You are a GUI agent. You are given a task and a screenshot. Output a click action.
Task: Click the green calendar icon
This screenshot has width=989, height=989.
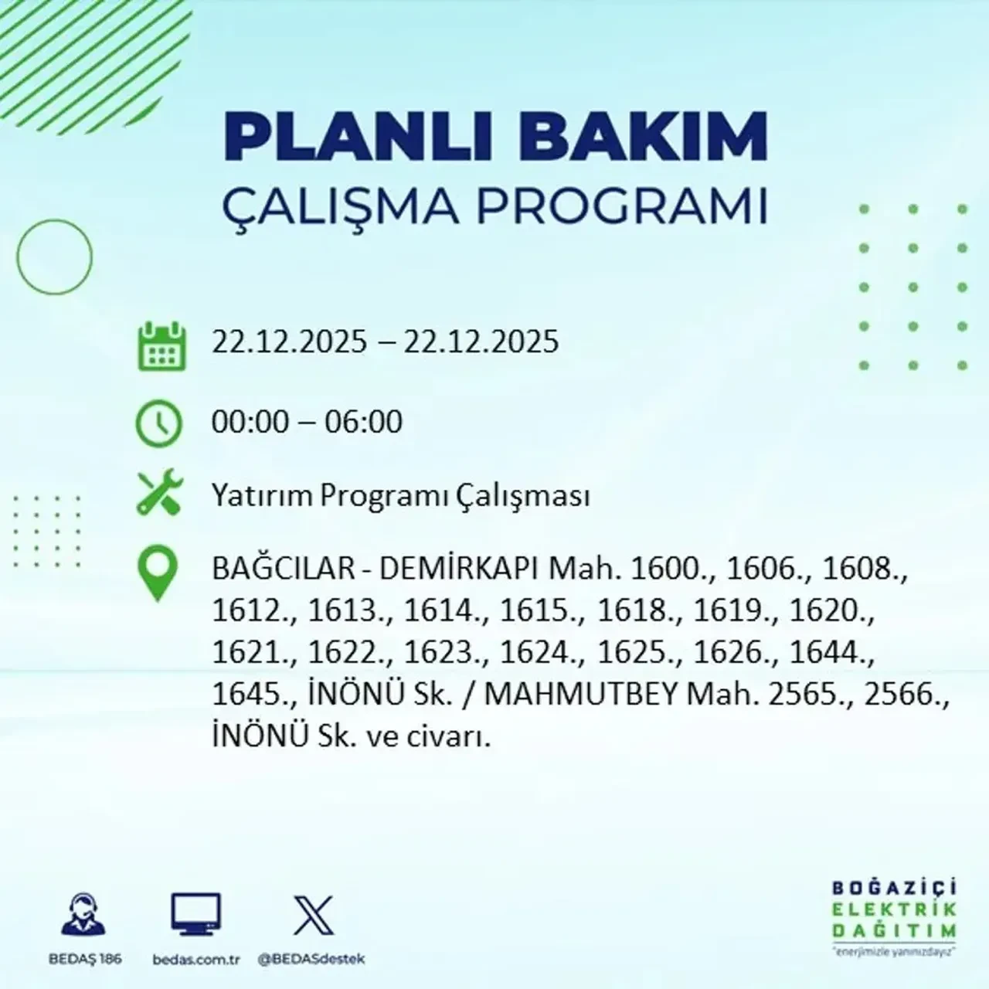(x=161, y=346)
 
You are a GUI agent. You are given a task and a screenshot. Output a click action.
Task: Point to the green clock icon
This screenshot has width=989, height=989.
(x=158, y=424)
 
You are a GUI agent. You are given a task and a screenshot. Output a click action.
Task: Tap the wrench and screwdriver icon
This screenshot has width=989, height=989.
(x=158, y=494)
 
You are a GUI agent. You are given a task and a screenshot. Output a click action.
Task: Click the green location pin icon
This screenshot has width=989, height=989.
(x=157, y=573)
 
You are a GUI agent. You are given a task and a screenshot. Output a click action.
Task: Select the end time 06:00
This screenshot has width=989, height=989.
(x=363, y=422)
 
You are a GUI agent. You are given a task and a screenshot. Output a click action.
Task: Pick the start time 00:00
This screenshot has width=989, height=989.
(x=250, y=422)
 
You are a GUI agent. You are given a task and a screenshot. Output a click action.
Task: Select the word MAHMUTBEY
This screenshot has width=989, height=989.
(x=584, y=695)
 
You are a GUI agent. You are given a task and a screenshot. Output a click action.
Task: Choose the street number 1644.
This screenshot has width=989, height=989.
(x=828, y=654)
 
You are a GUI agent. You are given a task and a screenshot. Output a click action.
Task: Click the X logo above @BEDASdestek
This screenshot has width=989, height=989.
(x=313, y=916)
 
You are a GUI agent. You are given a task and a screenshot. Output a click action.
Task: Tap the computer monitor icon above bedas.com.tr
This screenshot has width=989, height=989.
(x=195, y=916)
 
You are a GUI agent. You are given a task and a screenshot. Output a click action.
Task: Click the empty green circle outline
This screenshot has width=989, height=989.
(x=54, y=257)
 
